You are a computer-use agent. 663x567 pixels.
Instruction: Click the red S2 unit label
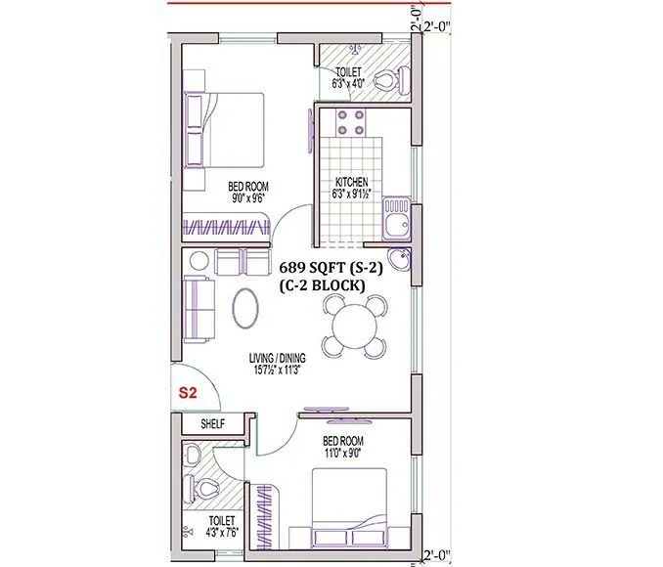[x=188, y=394]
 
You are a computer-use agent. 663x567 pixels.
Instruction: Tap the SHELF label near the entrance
[x=213, y=424]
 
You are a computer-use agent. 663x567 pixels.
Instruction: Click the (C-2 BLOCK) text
[x=322, y=285]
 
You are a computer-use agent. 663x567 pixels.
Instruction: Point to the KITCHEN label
[x=352, y=183]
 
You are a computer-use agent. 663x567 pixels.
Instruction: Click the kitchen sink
[x=396, y=220]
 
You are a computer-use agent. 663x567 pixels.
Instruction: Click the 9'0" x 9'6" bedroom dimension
[x=248, y=198]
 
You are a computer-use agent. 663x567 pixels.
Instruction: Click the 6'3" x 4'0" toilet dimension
[x=349, y=84]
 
